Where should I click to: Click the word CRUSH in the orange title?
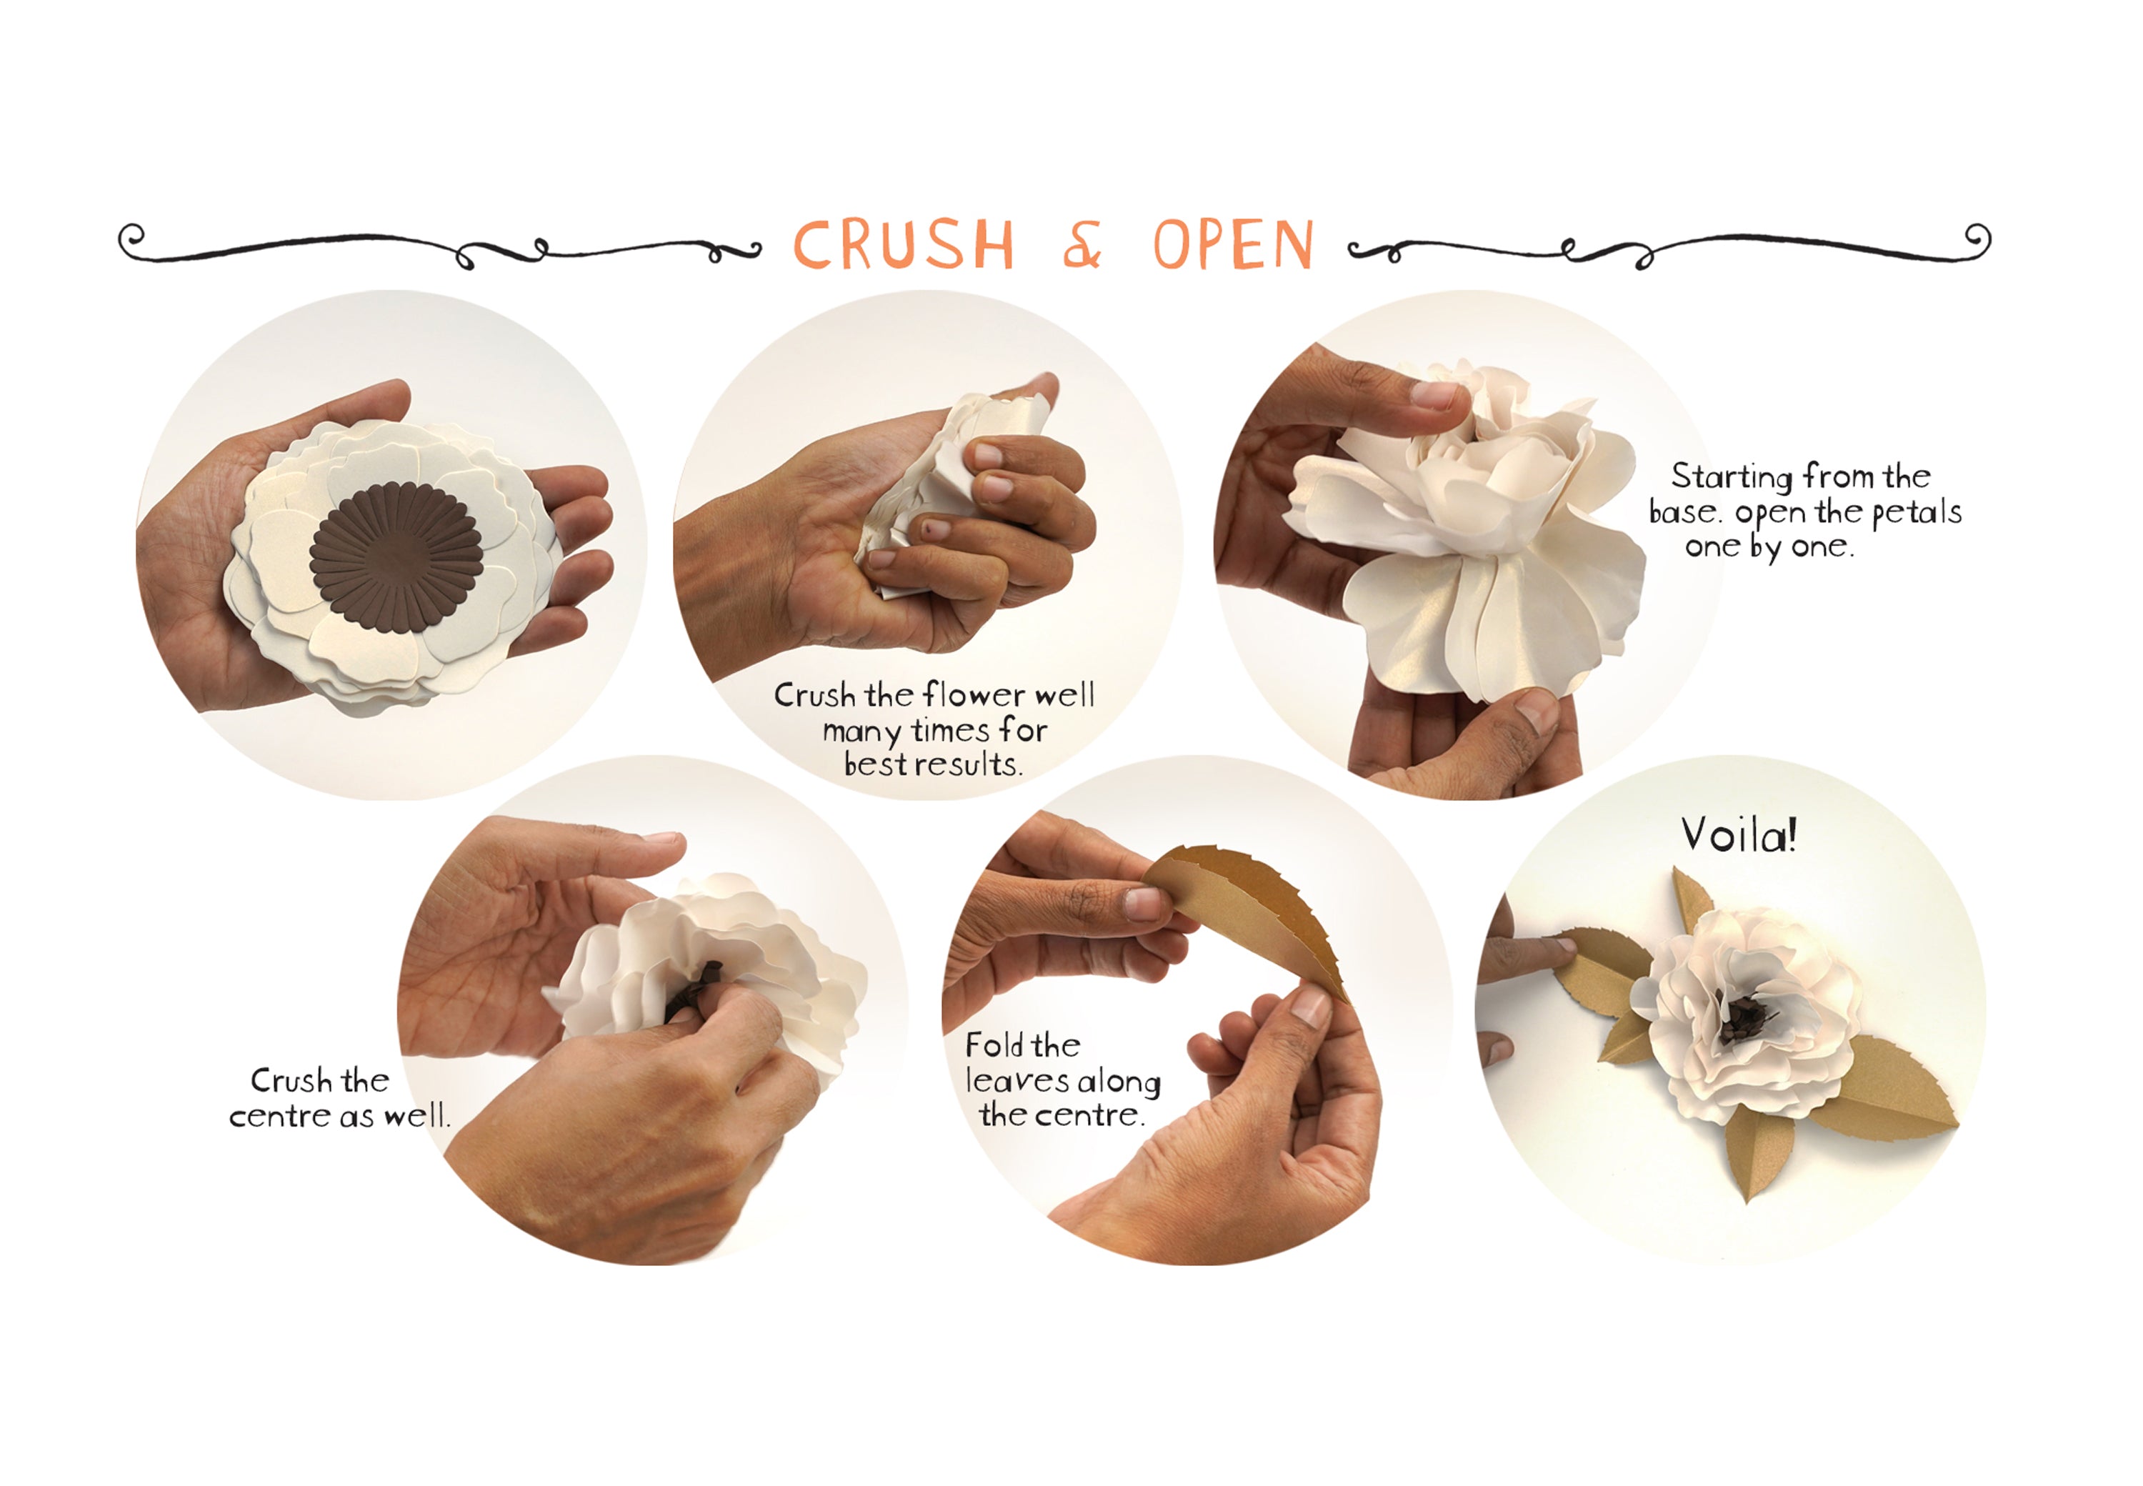click(x=902, y=245)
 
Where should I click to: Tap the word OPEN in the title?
click(x=1234, y=245)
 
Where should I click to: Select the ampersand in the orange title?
click(x=1082, y=245)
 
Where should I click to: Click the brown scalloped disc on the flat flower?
click(x=396, y=556)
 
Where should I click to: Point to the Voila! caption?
click(x=1738, y=835)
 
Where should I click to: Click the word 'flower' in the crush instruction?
click(x=974, y=694)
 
